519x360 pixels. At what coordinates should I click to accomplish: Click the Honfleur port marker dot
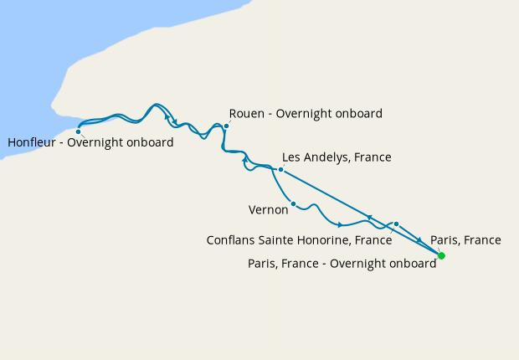(x=79, y=131)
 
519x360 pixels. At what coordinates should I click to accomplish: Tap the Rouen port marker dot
(x=226, y=126)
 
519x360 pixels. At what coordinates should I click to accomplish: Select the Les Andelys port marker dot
(x=280, y=170)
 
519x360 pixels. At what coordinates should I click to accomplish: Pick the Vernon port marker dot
(x=293, y=203)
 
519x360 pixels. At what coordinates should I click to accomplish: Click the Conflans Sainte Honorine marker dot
(x=396, y=224)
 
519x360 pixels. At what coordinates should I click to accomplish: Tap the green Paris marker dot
(x=442, y=255)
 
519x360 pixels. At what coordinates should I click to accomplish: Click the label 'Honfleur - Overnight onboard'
(x=90, y=143)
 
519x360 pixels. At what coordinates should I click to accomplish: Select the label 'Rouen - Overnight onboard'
(x=306, y=114)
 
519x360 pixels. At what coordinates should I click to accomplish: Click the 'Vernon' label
(x=269, y=209)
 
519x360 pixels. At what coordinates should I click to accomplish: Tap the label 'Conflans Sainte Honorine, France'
(x=299, y=240)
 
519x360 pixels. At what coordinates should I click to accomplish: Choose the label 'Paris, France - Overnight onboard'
(x=342, y=264)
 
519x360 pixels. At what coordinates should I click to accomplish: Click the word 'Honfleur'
(x=33, y=143)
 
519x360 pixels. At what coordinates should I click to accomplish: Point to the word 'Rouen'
(x=247, y=114)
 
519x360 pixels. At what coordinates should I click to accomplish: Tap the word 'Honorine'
(x=321, y=240)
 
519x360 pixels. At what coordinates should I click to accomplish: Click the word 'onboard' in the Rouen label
(x=357, y=114)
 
